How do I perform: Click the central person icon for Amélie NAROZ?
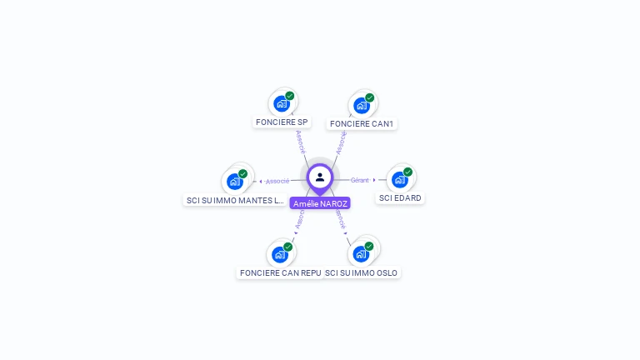pyautogui.click(x=320, y=177)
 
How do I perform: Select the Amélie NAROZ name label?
pyautogui.click(x=320, y=203)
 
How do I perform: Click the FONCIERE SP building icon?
pyautogui.click(x=281, y=104)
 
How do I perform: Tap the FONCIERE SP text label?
pyautogui.click(x=282, y=122)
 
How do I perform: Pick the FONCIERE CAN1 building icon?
pyautogui.click(x=361, y=106)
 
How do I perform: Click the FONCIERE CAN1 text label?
pyautogui.click(x=362, y=124)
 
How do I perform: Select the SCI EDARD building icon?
pyautogui.click(x=399, y=180)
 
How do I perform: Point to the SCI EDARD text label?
pyautogui.click(x=400, y=198)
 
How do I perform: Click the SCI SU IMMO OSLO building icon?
pyautogui.click(x=361, y=254)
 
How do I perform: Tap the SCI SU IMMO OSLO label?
pyautogui.click(x=362, y=272)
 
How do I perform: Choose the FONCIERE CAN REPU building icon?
pyautogui.click(x=279, y=254)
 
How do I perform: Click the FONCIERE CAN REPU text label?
pyautogui.click(x=280, y=272)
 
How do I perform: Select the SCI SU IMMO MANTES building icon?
pyautogui.click(x=234, y=182)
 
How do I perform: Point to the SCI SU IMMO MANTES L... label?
pyautogui.click(x=236, y=200)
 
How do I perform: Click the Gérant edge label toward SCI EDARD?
pyautogui.click(x=359, y=180)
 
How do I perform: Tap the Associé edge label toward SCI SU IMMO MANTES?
pyautogui.click(x=277, y=181)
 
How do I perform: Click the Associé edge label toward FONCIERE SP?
pyautogui.click(x=301, y=141)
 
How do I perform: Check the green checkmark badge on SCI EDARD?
pyautogui.click(x=407, y=172)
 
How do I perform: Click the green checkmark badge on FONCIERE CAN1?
pyautogui.click(x=369, y=97)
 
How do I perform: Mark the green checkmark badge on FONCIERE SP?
pyautogui.click(x=289, y=96)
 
